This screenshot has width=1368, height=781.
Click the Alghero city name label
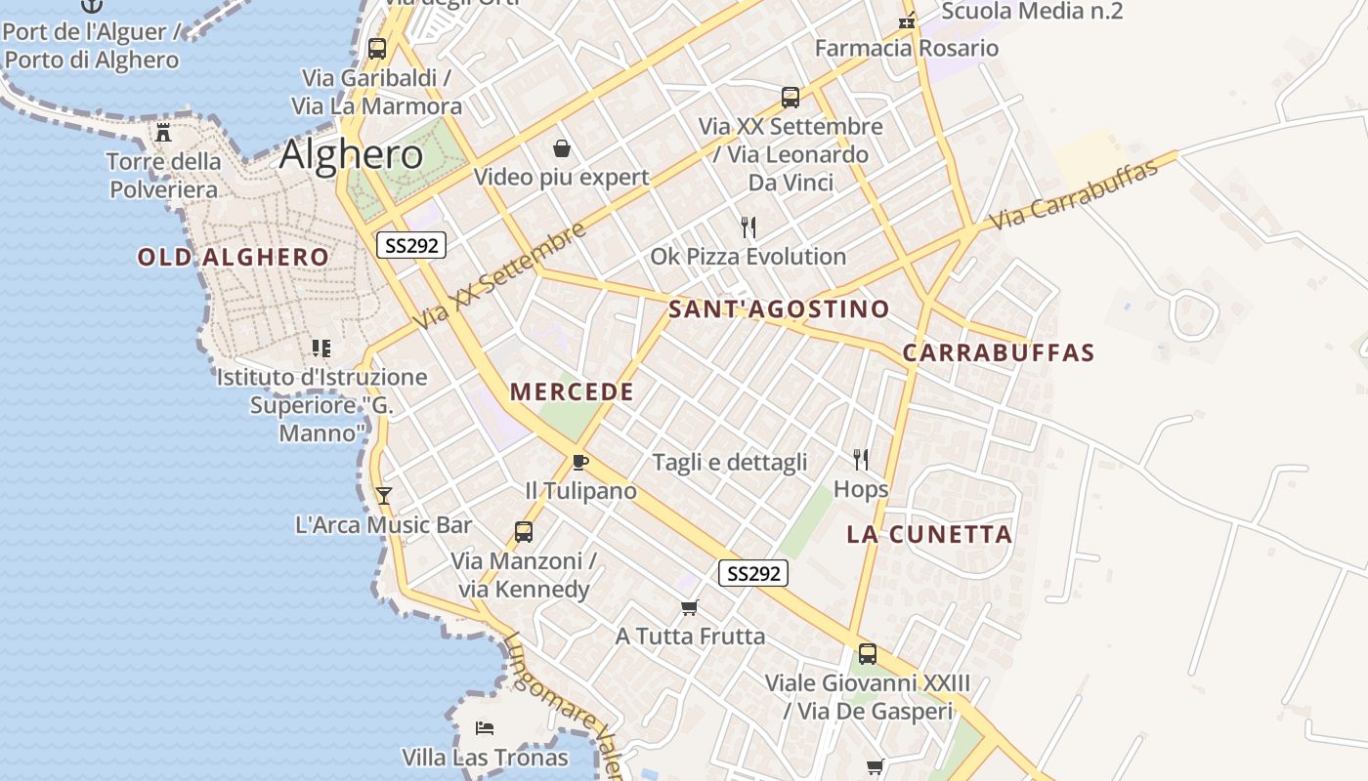tap(351, 155)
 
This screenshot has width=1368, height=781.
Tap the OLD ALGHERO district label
tap(233, 258)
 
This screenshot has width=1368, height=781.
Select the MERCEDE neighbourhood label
tap(572, 392)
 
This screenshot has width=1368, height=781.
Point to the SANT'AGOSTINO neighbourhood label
tap(779, 310)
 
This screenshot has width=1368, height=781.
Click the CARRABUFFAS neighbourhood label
tap(998, 353)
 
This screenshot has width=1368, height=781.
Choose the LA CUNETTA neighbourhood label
tap(928, 535)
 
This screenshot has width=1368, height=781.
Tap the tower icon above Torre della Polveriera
tap(163, 133)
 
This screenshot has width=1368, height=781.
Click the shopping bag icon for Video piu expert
tap(562, 148)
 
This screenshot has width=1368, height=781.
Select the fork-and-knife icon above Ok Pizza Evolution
tap(748, 227)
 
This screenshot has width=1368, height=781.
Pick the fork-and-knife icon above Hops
tap(861, 460)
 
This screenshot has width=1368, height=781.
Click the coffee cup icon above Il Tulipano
tap(580, 462)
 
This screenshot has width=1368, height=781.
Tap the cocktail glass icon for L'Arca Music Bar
tap(383, 496)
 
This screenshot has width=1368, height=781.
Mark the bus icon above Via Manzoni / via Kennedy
tap(524, 532)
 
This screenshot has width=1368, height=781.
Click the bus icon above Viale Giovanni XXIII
tap(868, 654)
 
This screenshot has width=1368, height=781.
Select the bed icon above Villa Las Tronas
tap(485, 728)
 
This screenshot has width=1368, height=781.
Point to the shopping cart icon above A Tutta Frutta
tap(690, 608)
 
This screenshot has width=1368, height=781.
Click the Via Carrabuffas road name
tap(1073, 195)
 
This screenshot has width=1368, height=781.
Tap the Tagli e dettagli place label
tap(729, 463)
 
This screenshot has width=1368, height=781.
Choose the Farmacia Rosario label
tap(906, 48)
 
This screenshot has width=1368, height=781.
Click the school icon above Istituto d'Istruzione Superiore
tap(321, 348)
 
